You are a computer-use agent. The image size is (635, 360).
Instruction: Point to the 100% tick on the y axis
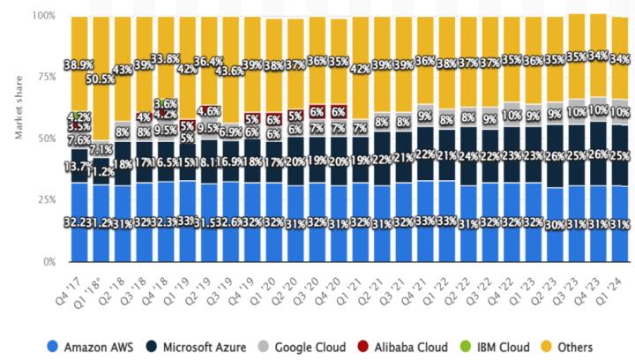[x=41, y=16]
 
